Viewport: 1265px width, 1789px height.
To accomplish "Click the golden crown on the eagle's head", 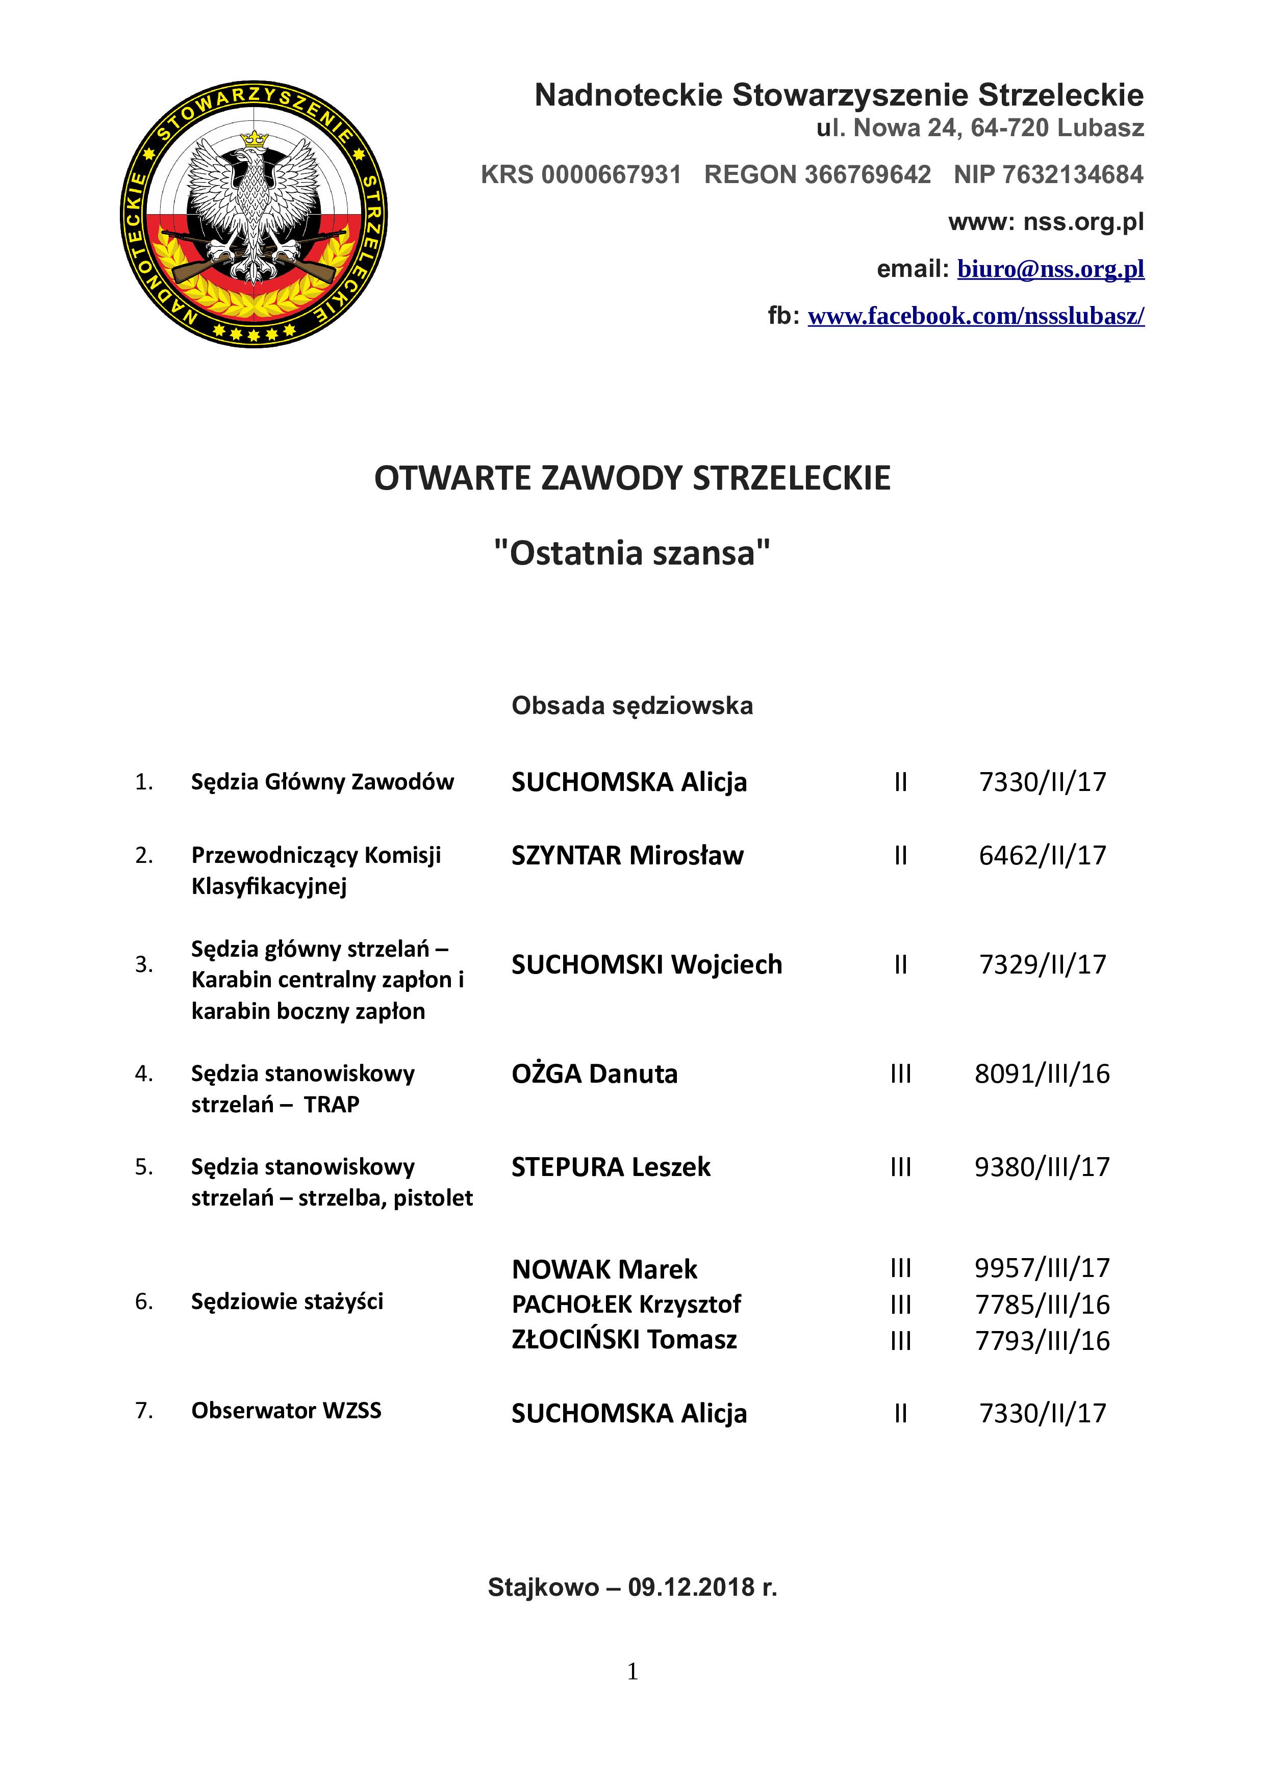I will [254, 139].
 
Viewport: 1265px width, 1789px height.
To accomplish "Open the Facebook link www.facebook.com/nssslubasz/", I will [976, 316].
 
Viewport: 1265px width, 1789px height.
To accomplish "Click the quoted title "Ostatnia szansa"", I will [632, 553].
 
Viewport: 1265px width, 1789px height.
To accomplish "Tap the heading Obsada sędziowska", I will [632, 705].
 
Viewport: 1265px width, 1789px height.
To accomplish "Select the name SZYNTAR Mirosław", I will [627, 856].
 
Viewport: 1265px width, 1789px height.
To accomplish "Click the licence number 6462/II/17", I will [1042, 856].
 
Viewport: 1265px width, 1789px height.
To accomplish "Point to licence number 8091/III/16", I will [1042, 1074].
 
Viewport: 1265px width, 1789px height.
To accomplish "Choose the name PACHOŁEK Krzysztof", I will [626, 1305].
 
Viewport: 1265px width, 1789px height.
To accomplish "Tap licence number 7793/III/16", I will [1042, 1341].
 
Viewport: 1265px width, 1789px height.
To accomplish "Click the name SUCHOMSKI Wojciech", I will [646, 965].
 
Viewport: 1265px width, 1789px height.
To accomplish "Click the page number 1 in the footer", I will [632, 1671].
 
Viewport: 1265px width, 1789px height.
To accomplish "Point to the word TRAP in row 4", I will [331, 1105].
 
